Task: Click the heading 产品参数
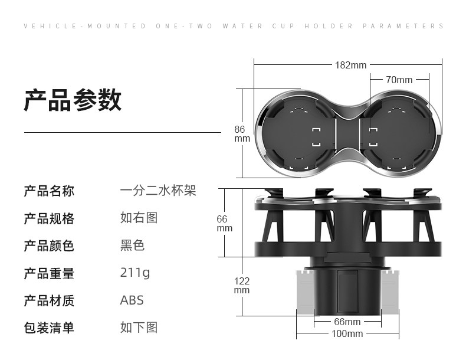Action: [73, 100]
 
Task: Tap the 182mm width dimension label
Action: [351, 65]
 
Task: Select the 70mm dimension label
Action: [399, 80]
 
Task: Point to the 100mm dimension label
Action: [347, 334]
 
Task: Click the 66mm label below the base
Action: [347, 322]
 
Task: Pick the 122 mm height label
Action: [242, 286]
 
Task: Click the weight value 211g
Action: [135, 273]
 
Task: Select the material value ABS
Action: [132, 300]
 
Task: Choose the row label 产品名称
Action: [49, 191]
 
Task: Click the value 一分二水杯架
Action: [157, 191]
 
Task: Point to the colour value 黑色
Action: [132, 246]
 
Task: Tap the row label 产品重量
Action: [49, 273]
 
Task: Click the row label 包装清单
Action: [49, 328]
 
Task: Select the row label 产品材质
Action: [49, 300]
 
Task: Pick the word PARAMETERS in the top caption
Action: [403, 26]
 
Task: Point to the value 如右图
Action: [139, 218]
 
